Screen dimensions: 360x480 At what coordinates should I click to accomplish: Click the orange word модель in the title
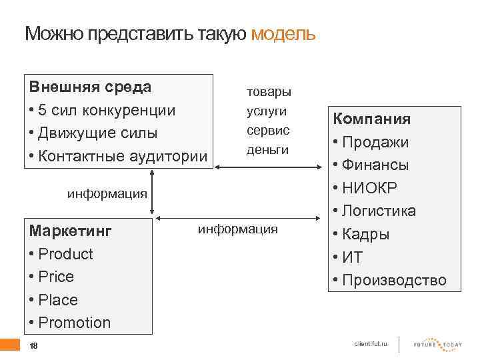(283, 34)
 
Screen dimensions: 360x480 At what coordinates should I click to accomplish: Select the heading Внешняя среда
(90, 87)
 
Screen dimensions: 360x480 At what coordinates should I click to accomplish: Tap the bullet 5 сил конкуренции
(107, 110)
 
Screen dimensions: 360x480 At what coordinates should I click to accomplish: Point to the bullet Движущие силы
(98, 133)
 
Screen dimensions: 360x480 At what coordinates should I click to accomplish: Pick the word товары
(269, 91)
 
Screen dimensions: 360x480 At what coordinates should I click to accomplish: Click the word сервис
(268, 130)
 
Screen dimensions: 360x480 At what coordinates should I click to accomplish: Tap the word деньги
(268, 150)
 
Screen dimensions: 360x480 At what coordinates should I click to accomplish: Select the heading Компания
(371, 119)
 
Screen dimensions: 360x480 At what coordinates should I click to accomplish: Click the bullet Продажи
(380, 143)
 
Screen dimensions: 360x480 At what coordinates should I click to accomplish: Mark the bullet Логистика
(383, 211)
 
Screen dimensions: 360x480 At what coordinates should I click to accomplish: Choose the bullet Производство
(393, 281)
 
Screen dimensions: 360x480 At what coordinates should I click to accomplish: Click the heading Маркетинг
(71, 231)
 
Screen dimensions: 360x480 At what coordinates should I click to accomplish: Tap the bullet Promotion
(74, 323)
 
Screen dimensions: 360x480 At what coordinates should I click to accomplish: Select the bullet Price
(56, 277)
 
